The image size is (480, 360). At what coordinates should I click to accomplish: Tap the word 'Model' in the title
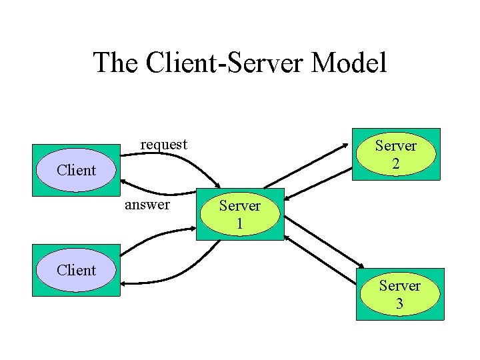(x=348, y=63)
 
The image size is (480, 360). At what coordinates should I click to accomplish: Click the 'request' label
(x=163, y=144)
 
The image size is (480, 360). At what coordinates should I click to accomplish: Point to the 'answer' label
(x=147, y=204)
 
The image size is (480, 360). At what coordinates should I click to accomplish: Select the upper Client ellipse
(x=76, y=170)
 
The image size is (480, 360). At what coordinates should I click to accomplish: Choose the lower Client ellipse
(x=76, y=270)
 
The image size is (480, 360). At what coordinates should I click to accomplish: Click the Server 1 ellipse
(x=239, y=214)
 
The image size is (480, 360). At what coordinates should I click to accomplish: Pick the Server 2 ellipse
(x=395, y=155)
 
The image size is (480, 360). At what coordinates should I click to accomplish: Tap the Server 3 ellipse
(x=399, y=295)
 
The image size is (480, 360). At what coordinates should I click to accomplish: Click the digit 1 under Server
(x=239, y=224)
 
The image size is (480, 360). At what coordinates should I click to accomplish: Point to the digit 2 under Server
(x=395, y=164)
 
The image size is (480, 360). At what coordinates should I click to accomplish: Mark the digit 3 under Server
(x=399, y=304)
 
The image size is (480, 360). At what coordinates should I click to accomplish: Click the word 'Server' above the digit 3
(x=399, y=286)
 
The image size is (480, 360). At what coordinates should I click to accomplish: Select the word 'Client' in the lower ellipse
(x=76, y=270)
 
